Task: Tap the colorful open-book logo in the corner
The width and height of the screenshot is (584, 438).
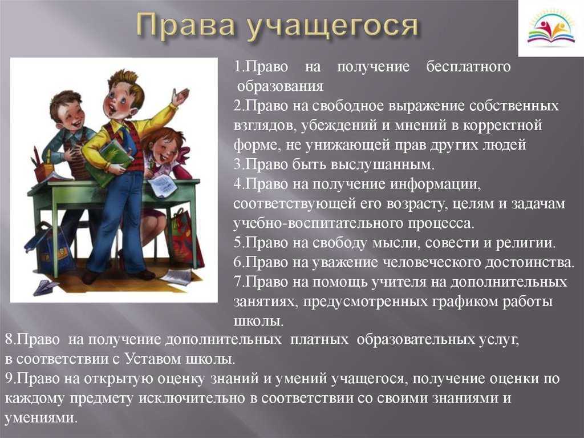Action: (x=551, y=29)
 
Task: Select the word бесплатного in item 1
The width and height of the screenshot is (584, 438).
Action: (x=468, y=67)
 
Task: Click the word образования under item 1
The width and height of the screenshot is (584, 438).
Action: (x=280, y=87)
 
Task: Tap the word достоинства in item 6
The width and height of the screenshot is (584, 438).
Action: (x=530, y=263)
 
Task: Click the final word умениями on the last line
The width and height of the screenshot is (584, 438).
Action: (x=41, y=418)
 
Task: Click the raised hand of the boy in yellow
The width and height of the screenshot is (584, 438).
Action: (x=180, y=97)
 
